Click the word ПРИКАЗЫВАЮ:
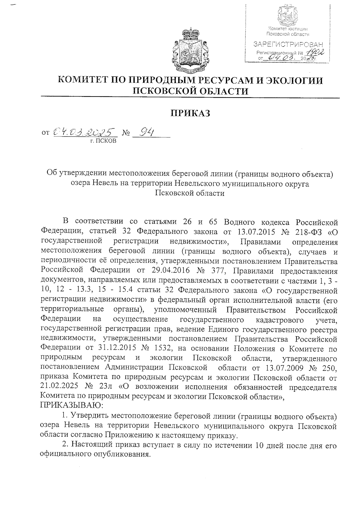72,406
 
